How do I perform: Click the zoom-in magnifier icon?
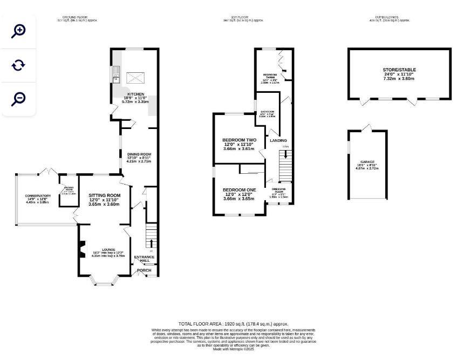[x=18, y=31]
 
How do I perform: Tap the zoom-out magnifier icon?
[x=18, y=98]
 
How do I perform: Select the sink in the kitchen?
[x=115, y=74]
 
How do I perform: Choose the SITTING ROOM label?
[x=104, y=195]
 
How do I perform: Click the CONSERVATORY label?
[x=37, y=196]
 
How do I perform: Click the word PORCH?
[x=144, y=270]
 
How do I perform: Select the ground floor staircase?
[x=151, y=238]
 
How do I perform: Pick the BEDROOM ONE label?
[x=240, y=190]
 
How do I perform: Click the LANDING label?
[x=278, y=141]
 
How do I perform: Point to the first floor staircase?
[x=284, y=165]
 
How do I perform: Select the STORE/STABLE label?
[x=399, y=70]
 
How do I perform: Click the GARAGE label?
[x=367, y=162]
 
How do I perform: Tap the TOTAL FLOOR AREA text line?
[x=237, y=324]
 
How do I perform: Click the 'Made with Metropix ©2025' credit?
[x=233, y=349]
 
